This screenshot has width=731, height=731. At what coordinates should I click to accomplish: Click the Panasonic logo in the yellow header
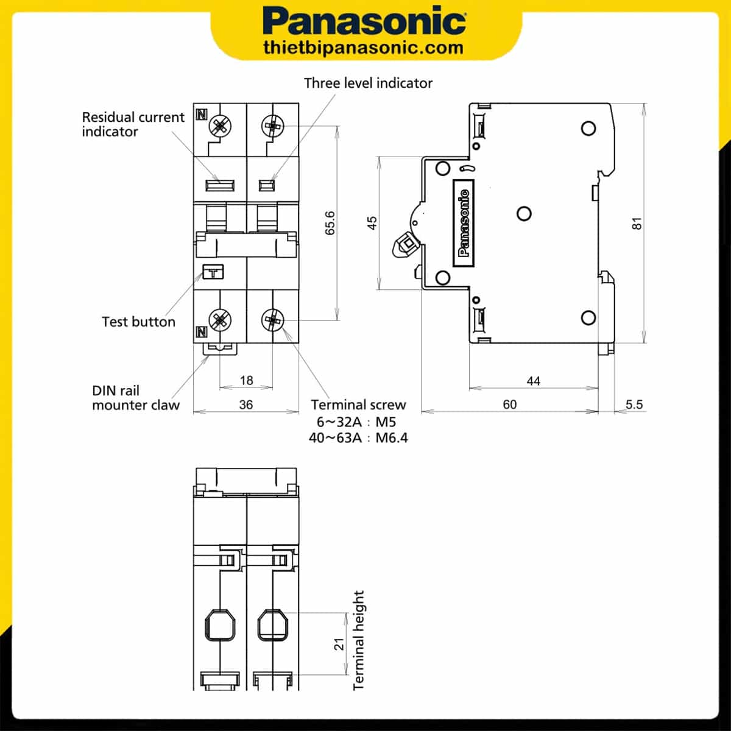(364, 22)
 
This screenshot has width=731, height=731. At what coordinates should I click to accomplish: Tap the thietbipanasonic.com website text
(364, 48)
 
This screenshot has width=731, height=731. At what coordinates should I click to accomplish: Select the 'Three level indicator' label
(368, 83)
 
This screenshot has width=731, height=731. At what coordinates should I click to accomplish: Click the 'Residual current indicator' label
(133, 124)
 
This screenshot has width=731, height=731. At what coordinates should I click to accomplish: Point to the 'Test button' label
(138, 322)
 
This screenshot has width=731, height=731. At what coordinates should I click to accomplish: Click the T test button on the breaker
(213, 272)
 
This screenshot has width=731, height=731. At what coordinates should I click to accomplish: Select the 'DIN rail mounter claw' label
(136, 398)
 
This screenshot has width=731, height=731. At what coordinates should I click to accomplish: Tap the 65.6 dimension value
(330, 223)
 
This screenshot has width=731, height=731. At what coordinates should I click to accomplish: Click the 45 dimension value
(372, 223)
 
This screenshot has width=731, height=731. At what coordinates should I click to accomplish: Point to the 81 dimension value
(637, 223)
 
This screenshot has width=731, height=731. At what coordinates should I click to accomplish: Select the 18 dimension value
(246, 380)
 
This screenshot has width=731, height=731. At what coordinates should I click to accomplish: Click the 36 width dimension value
(245, 404)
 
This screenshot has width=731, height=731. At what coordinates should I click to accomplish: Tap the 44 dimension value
(533, 381)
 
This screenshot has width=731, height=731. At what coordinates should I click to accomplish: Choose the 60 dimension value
(510, 404)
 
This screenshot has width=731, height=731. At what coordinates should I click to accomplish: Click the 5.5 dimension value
(634, 404)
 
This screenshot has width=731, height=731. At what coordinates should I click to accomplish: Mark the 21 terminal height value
(339, 644)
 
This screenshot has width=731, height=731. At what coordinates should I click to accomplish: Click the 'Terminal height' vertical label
(359, 640)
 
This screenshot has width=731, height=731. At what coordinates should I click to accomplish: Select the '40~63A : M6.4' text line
(358, 437)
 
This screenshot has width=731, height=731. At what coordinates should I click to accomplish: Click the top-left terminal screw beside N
(220, 127)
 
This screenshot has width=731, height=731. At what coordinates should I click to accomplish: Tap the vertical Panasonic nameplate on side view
(464, 222)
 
